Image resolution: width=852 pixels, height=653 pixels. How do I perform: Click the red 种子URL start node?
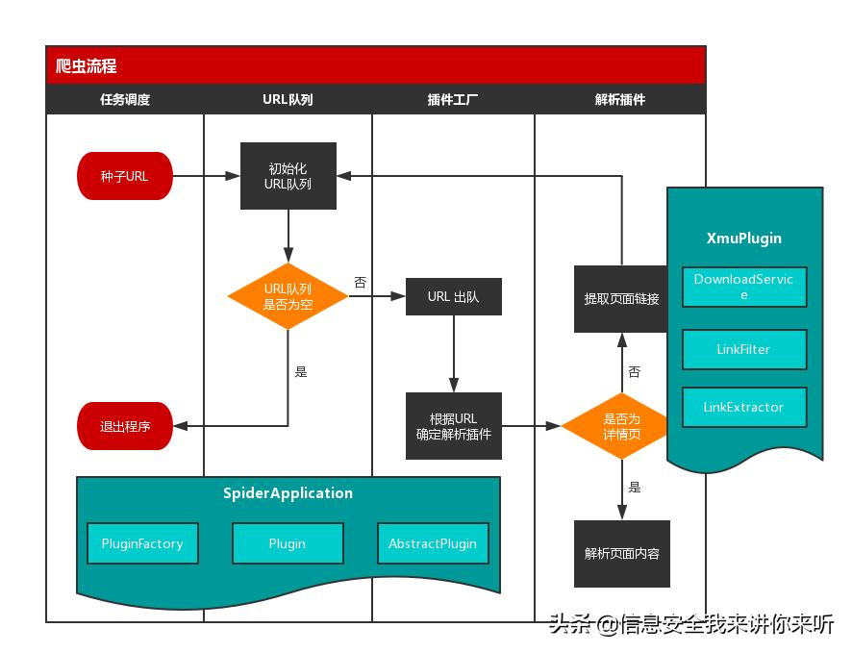[x=124, y=176]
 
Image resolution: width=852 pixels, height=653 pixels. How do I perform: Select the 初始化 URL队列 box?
[x=288, y=176]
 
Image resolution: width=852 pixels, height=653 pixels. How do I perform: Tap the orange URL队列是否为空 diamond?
[x=288, y=296]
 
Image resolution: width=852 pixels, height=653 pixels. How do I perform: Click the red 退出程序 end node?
[x=125, y=426]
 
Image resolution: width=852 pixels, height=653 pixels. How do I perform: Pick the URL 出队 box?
[x=453, y=296]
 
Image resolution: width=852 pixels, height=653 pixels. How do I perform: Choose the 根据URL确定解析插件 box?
[x=453, y=426]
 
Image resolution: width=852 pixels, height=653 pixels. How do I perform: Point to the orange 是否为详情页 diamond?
[x=621, y=426]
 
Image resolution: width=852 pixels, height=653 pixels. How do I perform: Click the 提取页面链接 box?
[x=621, y=299]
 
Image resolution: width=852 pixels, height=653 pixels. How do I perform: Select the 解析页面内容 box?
[x=621, y=553]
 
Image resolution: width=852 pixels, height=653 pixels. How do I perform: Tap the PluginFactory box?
[x=142, y=543]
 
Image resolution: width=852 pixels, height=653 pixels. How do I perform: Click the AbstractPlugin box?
[x=433, y=543]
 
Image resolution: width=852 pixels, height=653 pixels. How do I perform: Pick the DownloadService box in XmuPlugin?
[x=743, y=287]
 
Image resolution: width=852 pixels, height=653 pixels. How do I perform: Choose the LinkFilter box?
[x=743, y=349]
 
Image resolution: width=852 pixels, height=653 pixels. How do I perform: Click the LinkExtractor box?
[x=743, y=407]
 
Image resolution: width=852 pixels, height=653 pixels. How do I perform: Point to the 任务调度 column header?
[x=125, y=99]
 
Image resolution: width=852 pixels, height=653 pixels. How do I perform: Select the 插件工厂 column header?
[x=453, y=99]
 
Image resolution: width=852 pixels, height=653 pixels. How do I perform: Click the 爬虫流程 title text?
[x=87, y=66]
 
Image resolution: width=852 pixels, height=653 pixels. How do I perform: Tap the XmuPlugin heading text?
[x=743, y=238]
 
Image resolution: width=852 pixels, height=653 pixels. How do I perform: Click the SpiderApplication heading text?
[x=288, y=492]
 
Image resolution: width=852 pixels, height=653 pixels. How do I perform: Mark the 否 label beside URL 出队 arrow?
[x=360, y=283]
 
